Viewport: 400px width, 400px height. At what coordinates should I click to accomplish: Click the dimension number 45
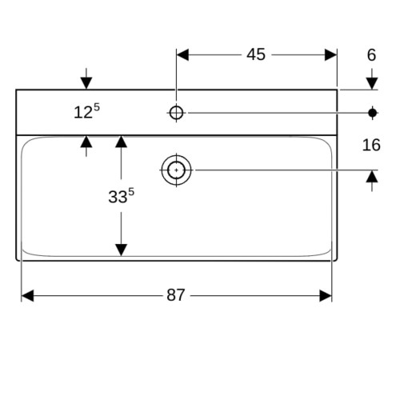tap(256, 54)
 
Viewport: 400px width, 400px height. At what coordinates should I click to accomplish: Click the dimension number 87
tap(175, 295)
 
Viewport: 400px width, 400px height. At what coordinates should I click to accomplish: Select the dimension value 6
tap(371, 55)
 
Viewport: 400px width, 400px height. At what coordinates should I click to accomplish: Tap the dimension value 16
tap(371, 145)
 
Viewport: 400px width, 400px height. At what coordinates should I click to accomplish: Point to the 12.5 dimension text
tap(86, 111)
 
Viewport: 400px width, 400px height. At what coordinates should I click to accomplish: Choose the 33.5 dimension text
tap(121, 196)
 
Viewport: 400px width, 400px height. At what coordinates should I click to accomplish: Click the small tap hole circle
tap(176, 113)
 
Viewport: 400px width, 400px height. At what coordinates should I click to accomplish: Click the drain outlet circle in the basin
tap(176, 170)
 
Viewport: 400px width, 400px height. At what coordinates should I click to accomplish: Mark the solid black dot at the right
tap(372, 113)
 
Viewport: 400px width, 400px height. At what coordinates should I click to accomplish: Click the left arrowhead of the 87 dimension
tap(27, 296)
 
